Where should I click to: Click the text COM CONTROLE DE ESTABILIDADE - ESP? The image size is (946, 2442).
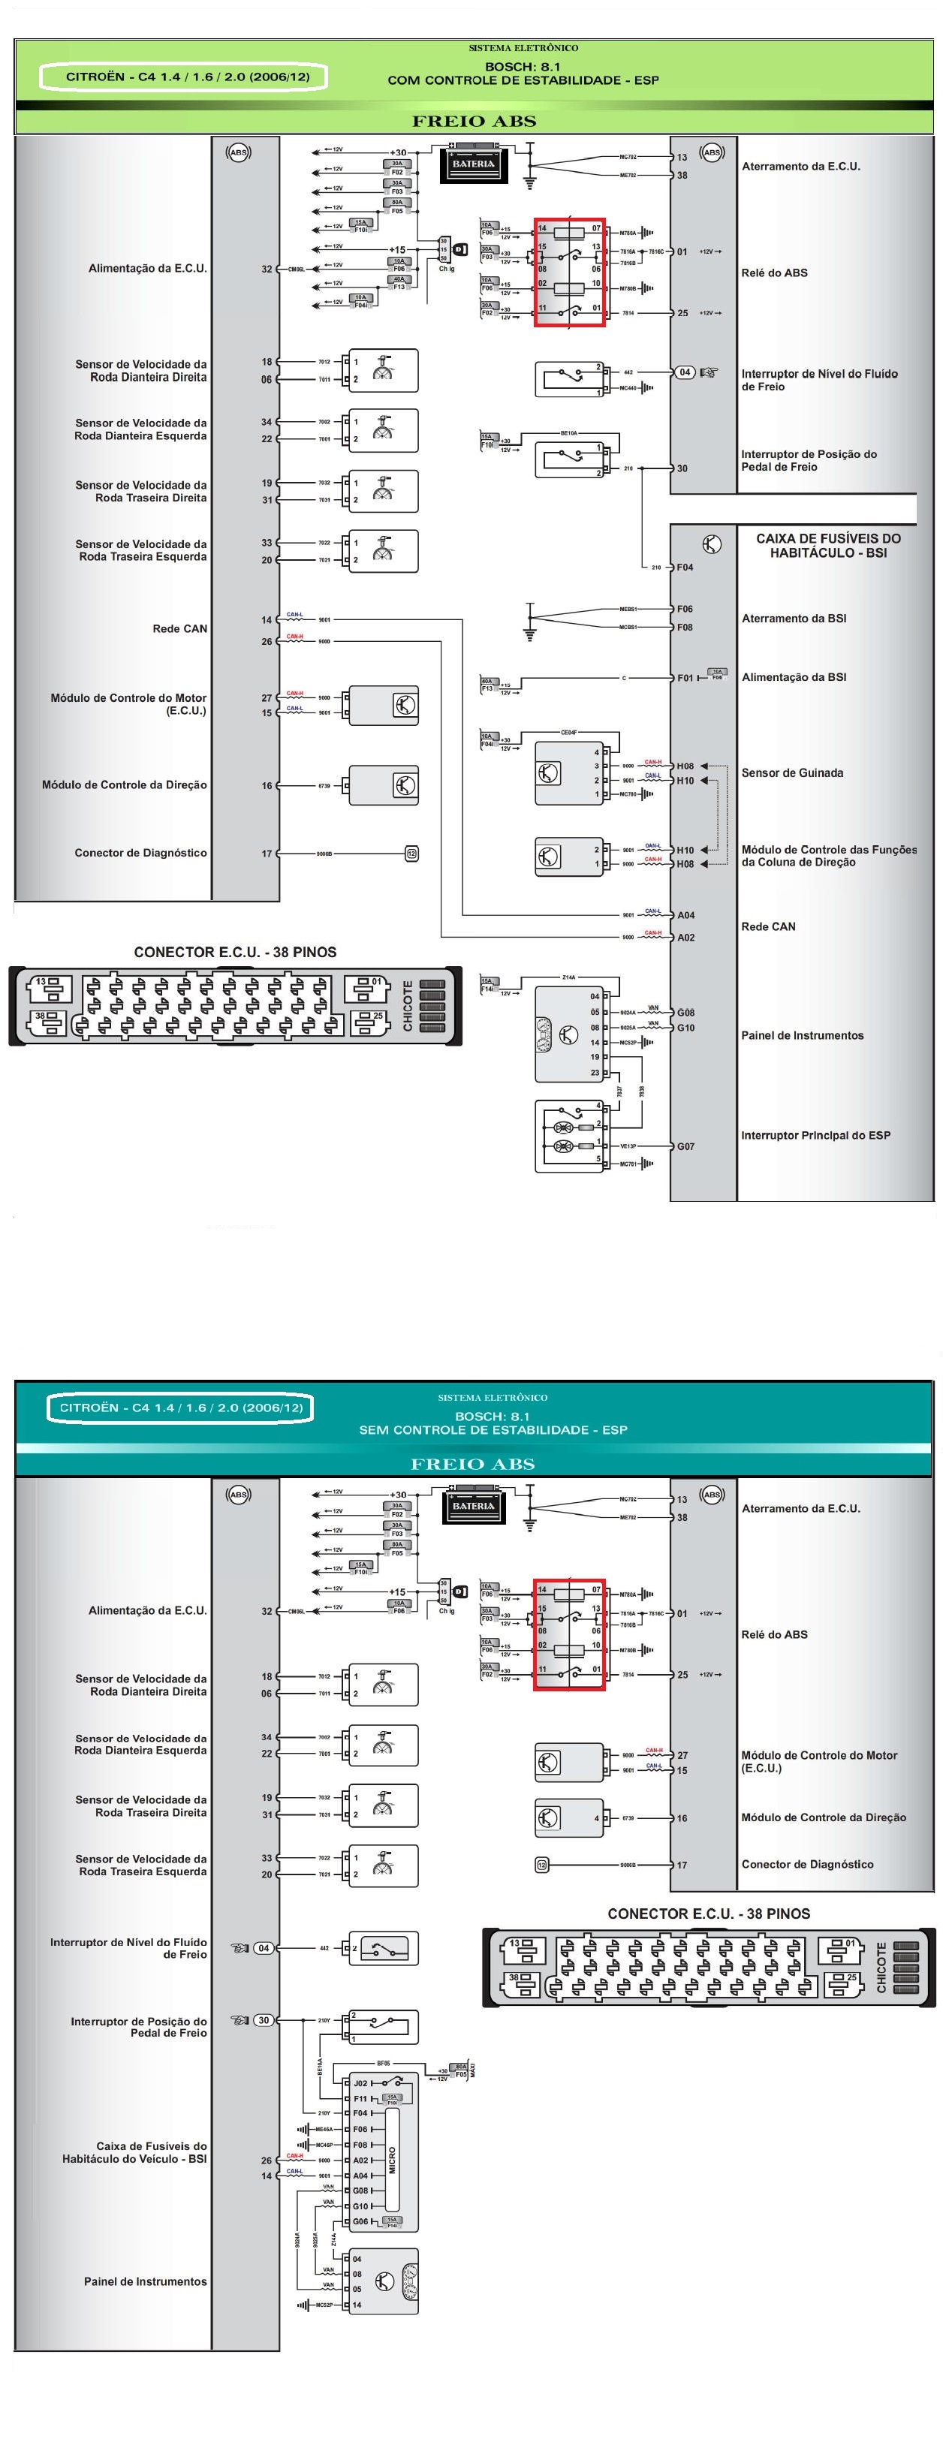523,80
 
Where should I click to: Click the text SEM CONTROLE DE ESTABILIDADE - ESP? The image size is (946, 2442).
493,1429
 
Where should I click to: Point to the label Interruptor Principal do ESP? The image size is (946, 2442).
815,1135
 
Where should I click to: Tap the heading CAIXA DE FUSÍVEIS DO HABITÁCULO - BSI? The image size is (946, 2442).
827,545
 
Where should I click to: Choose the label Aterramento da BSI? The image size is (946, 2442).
794,618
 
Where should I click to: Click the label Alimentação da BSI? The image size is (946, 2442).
794,677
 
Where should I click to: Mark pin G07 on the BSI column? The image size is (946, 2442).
685,1146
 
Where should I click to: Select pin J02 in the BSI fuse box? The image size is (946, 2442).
360,2082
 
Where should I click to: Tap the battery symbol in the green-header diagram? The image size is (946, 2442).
473,163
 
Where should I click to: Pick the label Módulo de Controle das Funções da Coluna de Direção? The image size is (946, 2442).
828,856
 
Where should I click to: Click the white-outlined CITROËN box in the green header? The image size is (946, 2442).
183,77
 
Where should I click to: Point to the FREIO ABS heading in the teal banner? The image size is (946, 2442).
473,1464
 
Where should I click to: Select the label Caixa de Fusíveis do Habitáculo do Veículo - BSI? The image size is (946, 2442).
134,2152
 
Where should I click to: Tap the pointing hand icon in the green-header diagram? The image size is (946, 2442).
708,372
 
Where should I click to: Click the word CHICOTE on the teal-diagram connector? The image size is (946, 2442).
881,1967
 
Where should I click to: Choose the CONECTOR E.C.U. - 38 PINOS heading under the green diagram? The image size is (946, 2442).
235,952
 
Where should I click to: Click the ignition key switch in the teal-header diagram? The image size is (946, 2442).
459,1591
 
